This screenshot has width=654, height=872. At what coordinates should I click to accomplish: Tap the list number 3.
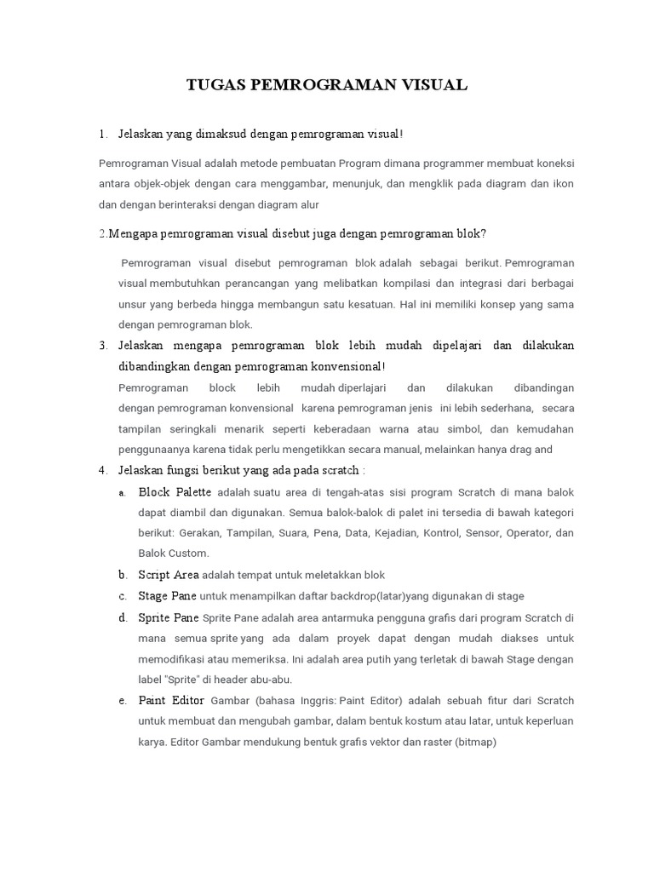click(102, 346)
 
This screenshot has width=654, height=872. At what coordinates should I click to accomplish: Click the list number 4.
click(102, 470)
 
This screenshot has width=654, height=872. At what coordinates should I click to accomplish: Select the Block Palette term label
click(175, 491)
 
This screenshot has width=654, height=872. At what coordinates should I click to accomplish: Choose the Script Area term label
click(169, 575)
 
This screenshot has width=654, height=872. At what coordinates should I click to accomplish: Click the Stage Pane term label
click(167, 596)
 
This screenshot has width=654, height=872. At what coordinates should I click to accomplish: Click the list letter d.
click(123, 617)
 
